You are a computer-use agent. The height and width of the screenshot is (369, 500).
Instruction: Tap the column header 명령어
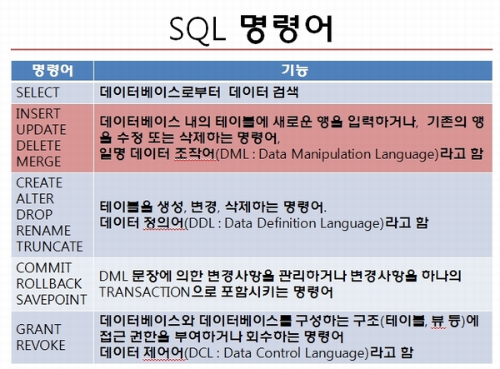click(52, 71)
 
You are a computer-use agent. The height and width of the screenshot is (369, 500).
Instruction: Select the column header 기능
click(294, 71)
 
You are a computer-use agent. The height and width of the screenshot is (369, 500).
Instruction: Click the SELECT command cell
click(37, 92)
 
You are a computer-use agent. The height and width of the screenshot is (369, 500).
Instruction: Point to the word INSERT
click(38, 114)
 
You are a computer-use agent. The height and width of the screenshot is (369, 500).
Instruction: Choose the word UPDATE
click(41, 130)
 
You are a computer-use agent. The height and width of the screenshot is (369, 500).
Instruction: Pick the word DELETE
click(38, 146)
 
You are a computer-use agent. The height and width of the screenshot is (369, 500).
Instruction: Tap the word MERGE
click(38, 162)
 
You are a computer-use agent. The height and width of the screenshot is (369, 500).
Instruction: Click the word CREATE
click(39, 183)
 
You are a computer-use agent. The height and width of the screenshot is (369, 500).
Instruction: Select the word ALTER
click(35, 199)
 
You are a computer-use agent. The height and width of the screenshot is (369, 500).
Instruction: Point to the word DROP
click(34, 215)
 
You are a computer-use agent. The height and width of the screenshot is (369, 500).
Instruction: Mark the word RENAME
click(43, 231)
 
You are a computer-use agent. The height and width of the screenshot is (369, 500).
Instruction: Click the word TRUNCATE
click(49, 247)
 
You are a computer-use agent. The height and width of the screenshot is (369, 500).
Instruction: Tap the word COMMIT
click(43, 268)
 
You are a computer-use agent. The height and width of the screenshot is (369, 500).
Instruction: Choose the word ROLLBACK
click(49, 284)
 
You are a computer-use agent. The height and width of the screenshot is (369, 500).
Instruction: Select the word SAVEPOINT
click(52, 300)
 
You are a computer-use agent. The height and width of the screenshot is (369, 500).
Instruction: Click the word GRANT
click(38, 329)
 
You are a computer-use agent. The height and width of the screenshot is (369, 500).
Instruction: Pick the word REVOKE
click(41, 345)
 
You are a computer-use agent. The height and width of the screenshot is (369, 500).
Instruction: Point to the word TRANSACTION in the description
click(145, 292)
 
